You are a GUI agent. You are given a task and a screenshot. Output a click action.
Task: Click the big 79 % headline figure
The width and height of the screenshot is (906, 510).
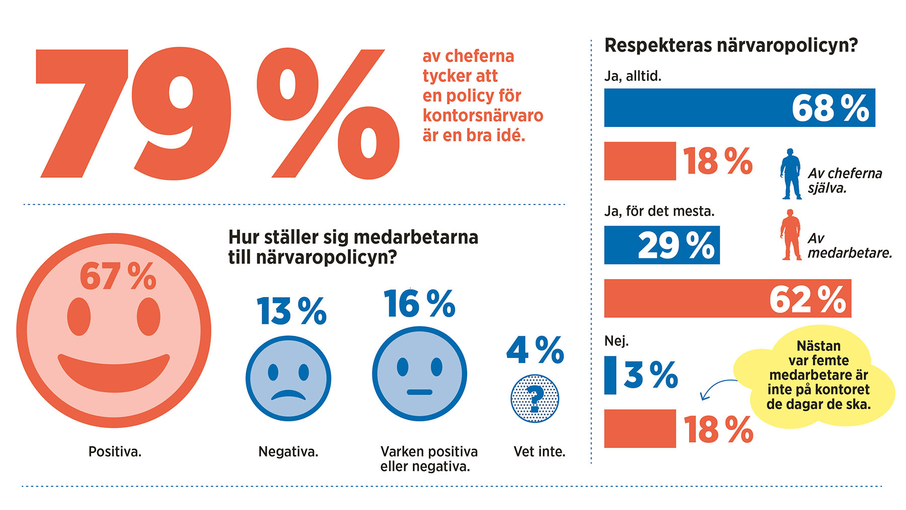click(216, 113)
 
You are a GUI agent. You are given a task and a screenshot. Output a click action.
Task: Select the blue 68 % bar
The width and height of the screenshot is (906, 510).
click(739, 108)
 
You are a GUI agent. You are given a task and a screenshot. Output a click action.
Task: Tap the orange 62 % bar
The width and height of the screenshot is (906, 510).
click(727, 299)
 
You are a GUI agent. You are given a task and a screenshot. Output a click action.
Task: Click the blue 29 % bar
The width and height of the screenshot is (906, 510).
click(661, 245)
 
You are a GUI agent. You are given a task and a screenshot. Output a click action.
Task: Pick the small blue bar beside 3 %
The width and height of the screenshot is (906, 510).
click(610, 375)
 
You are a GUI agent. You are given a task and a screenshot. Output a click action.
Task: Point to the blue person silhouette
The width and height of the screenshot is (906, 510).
click(791, 174)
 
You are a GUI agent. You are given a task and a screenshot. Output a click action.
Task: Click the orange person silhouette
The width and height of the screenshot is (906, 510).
click(791, 235)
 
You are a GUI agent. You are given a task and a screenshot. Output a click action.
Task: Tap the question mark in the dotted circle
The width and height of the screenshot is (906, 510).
click(535, 398)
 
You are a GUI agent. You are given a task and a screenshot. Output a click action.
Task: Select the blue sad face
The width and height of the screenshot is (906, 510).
click(288, 379)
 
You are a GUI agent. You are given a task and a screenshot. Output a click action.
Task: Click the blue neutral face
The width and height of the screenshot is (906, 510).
click(419, 374)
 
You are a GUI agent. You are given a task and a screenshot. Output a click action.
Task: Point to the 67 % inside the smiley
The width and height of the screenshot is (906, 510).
click(118, 276)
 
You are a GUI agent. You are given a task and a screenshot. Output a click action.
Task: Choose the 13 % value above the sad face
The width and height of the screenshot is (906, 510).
click(291, 311)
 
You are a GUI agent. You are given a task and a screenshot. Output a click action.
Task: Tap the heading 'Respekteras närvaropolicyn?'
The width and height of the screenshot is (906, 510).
click(731, 45)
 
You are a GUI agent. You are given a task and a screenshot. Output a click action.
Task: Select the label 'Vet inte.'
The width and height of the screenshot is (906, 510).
click(539, 452)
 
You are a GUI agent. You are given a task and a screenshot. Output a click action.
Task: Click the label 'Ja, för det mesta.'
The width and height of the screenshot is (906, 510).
click(659, 211)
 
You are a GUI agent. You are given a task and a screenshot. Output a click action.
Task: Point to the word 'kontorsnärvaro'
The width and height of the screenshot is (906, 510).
click(483, 115)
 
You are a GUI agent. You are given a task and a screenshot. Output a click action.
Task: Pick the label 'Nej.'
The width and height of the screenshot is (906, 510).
click(616, 341)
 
